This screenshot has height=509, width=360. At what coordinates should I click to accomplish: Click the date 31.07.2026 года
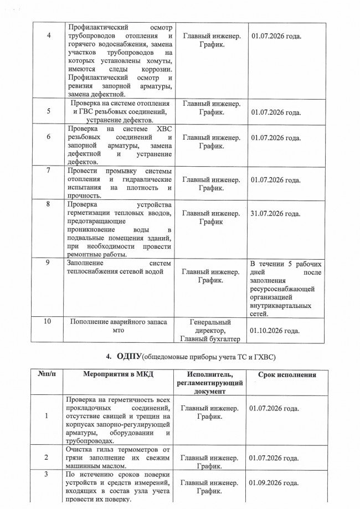tap(276, 214)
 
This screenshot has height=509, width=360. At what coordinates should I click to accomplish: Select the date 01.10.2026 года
tap(275, 331)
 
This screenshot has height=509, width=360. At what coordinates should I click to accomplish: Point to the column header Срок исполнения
tap(287, 375)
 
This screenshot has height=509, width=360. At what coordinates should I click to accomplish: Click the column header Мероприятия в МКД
tap(118, 375)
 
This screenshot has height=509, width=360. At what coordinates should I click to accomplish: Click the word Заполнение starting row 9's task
tap(84, 263)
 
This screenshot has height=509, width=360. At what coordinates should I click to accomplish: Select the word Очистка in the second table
tap(79, 449)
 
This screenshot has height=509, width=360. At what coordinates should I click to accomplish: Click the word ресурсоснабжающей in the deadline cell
tap(282, 289)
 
